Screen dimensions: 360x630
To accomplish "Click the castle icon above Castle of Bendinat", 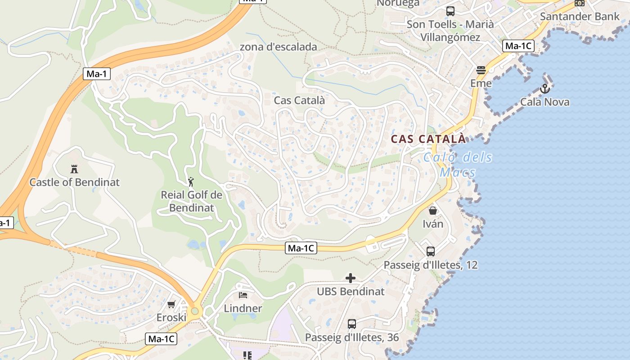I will (74, 169).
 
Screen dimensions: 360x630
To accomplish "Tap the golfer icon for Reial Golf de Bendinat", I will (191, 182).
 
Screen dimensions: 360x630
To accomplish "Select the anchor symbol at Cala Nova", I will (545, 89).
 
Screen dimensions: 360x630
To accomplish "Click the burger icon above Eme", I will (481, 70).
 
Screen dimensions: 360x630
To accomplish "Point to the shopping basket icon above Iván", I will (433, 211).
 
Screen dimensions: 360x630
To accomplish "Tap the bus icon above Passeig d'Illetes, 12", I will (431, 252).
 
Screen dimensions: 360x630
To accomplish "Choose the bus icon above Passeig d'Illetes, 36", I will (352, 324).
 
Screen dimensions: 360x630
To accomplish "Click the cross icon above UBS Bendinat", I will (351, 278).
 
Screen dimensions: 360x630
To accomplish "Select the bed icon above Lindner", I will (243, 295).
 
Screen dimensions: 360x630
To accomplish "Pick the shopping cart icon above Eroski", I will (171, 305).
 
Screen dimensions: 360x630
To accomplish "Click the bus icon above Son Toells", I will (450, 11).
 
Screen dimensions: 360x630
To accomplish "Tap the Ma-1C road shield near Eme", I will (518, 45).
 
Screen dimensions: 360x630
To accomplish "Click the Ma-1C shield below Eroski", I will (161, 339).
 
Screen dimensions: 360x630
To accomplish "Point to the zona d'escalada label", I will (278, 47).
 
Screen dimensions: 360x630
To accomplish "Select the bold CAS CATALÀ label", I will (428, 139).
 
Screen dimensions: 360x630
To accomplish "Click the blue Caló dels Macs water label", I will (458, 165).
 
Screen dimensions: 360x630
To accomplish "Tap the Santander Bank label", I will (580, 17).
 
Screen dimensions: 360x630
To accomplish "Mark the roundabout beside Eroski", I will (194, 311).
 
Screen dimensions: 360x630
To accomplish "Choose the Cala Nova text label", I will (544, 102).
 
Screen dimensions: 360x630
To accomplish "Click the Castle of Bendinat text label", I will (75, 182).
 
